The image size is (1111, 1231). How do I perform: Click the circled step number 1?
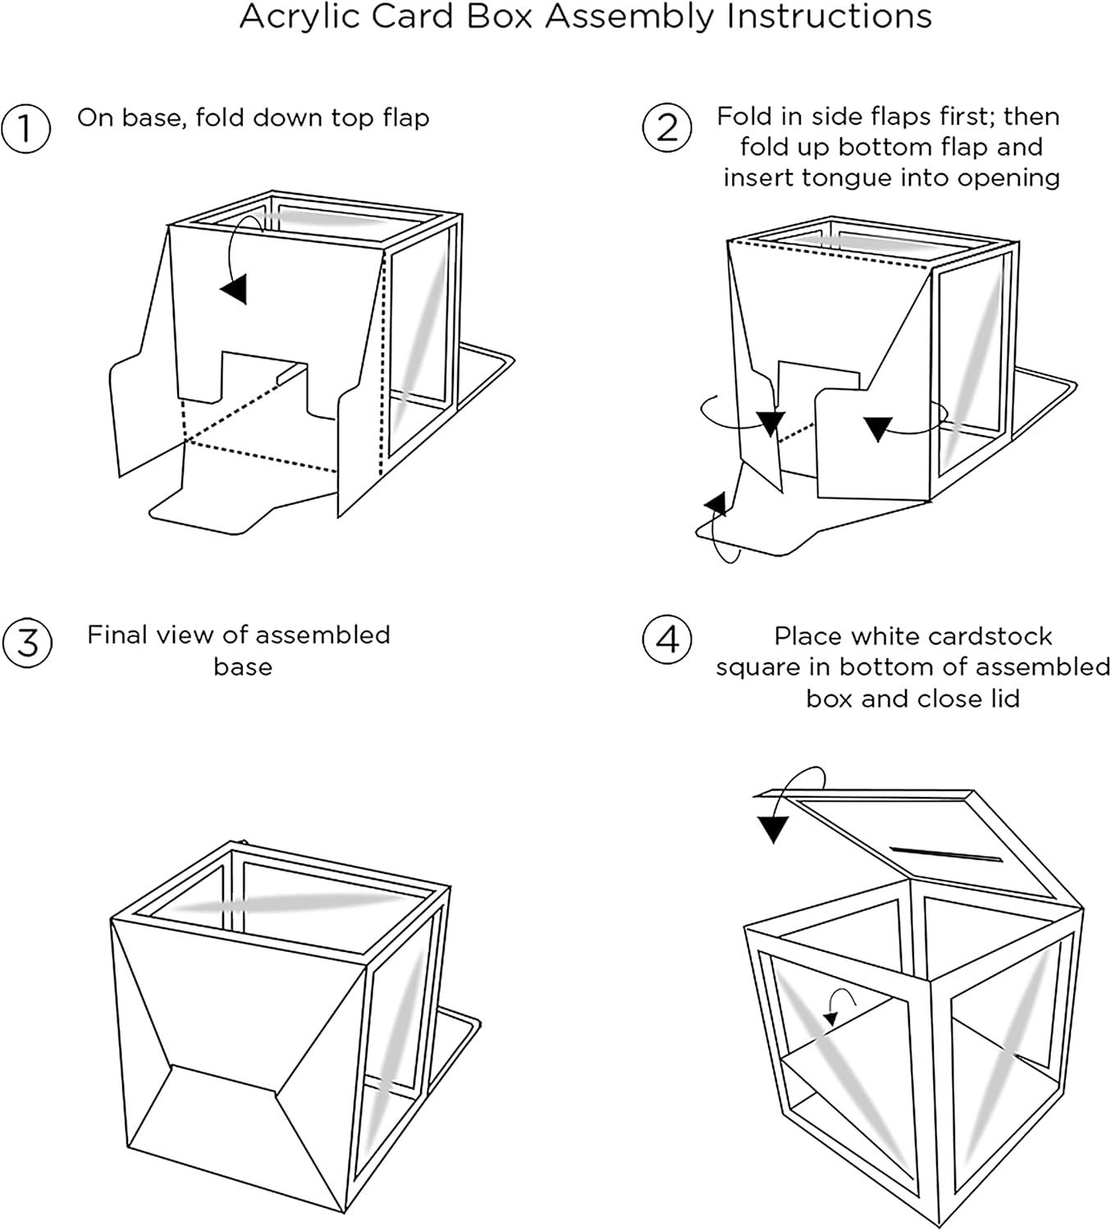26,129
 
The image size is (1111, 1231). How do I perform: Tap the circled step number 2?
667,129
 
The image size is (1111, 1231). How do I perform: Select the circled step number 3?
27,642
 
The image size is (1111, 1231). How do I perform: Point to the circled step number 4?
667,639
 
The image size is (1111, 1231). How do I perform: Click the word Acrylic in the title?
300,17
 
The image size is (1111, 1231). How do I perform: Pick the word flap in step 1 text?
405,117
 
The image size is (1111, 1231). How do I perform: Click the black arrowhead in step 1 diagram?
234,289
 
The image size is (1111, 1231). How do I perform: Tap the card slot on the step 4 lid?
946,853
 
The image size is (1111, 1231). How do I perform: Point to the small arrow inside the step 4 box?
832,1018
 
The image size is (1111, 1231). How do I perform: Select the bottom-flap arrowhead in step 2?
717,503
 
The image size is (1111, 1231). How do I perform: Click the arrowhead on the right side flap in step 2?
878,428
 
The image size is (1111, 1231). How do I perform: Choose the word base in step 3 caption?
242,666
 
